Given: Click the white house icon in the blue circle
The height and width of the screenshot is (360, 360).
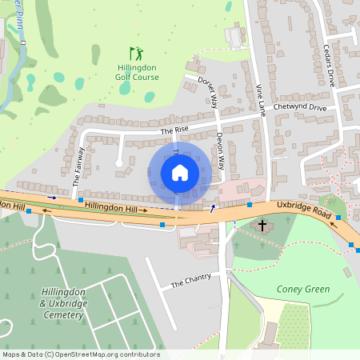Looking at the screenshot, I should (x=180, y=173).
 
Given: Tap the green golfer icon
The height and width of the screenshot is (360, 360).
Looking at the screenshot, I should (x=136, y=54).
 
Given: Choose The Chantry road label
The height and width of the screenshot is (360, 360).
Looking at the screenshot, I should (x=191, y=280).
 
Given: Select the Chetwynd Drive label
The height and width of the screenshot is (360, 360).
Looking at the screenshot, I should (x=300, y=107).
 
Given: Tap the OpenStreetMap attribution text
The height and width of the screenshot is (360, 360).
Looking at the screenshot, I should (x=81, y=354).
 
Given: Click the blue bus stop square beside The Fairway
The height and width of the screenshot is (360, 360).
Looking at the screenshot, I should (x=80, y=198).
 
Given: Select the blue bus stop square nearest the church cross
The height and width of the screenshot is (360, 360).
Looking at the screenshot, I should (x=250, y=205).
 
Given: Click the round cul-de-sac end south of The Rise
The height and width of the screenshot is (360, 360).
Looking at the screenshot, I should (x=118, y=164).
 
